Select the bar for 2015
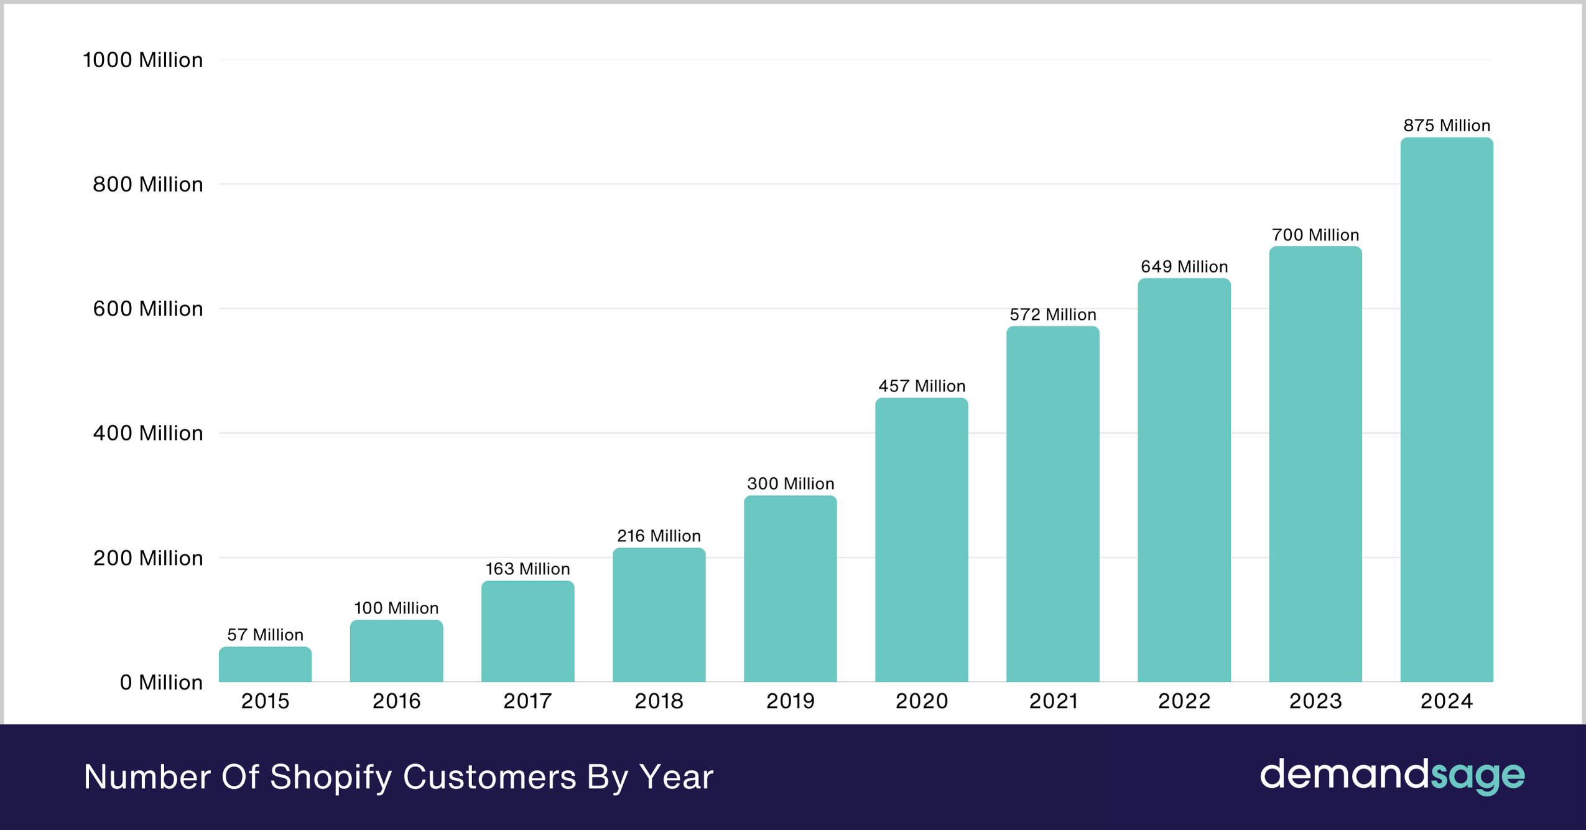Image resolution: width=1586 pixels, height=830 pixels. (265, 664)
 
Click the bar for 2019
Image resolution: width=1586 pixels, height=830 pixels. (790, 589)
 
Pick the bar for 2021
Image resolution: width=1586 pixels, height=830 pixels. (1052, 504)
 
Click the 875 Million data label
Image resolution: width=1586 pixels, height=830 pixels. (1446, 126)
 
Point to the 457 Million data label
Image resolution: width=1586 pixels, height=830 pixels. (921, 386)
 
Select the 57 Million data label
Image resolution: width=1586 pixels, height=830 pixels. (265, 635)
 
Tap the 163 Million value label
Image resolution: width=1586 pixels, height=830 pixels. (527, 569)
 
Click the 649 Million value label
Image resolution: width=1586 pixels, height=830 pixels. (1184, 267)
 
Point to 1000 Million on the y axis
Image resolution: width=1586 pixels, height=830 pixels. (142, 60)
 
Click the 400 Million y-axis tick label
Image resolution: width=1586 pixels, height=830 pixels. (147, 433)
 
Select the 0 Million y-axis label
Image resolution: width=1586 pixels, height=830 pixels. (161, 683)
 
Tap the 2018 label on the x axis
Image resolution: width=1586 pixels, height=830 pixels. (659, 701)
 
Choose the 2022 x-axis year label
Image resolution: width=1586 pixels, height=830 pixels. (1184, 701)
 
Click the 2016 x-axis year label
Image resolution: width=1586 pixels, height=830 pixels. (396, 701)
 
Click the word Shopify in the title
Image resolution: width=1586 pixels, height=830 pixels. (330, 778)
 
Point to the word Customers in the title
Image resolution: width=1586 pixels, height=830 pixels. (489, 778)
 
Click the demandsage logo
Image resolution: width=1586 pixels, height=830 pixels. (1392, 775)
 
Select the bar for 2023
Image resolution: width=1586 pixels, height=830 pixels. (1315, 464)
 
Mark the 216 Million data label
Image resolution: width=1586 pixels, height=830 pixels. (659, 536)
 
